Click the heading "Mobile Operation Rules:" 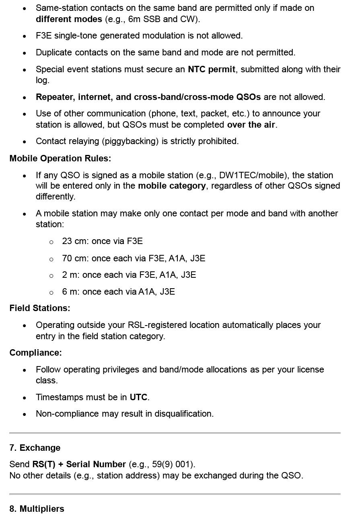[x=60, y=158]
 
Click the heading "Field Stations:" [x=39, y=308]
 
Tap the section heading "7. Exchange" [x=35, y=448]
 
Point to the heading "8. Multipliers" [x=37, y=509]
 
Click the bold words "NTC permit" [x=212, y=69]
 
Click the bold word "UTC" [x=138, y=397]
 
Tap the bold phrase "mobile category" [x=172, y=185]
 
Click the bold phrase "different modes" [x=69, y=19]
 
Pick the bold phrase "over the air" [x=251, y=124]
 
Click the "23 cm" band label [x=74, y=241]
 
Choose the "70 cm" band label [x=74, y=258]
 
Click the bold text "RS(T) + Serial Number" [x=79, y=464]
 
